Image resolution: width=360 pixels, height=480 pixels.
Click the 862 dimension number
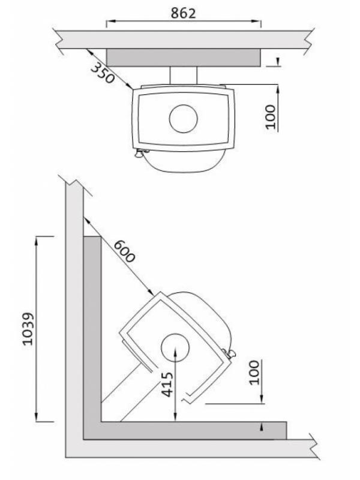point(183,13)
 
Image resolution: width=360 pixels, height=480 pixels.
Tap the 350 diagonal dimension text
point(103,73)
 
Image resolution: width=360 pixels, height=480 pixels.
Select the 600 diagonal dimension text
point(124,251)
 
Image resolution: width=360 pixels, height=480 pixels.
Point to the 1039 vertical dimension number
point(28,329)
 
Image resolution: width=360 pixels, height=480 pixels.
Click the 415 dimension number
point(167,385)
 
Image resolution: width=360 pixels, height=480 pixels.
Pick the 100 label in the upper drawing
point(271,116)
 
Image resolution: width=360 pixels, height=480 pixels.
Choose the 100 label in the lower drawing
point(254,372)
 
